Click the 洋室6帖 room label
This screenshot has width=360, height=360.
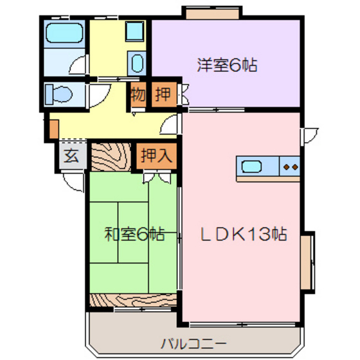point(226,65)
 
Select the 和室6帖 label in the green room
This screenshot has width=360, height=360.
point(134,234)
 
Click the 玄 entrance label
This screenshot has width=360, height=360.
point(71,156)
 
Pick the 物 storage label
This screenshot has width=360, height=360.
point(138,94)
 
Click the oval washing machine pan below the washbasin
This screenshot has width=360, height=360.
point(136,63)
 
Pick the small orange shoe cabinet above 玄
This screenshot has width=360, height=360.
point(47,129)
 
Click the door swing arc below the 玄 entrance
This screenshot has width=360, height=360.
point(76,182)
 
